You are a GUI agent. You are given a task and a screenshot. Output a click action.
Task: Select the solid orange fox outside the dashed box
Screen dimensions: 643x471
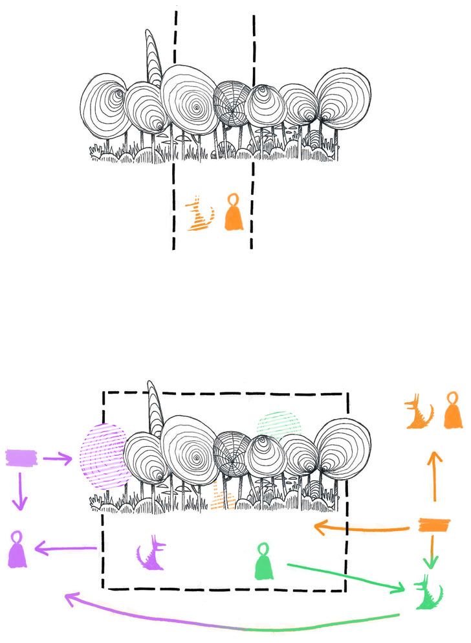[x=419, y=414]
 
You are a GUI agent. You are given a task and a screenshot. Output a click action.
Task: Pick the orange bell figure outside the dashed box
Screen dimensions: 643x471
[x=452, y=411]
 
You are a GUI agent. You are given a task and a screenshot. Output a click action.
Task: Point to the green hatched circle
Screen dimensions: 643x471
[x=279, y=423]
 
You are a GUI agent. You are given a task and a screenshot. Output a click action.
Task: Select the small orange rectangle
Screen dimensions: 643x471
[x=428, y=526]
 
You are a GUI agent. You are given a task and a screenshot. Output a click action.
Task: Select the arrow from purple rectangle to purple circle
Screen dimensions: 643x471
[x=57, y=459]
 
